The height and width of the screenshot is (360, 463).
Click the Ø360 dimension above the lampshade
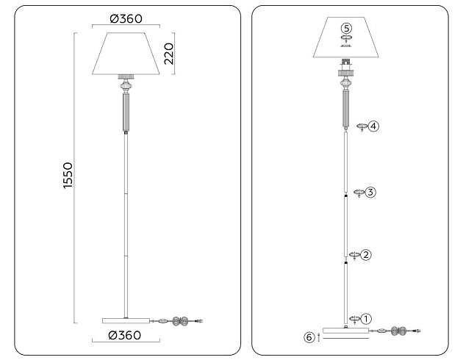(x=125, y=18)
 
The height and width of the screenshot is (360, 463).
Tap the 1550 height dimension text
(x=68, y=176)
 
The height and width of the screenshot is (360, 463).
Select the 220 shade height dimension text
(x=168, y=53)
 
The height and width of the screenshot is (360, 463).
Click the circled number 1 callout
(x=367, y=319)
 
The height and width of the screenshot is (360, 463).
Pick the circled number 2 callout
(x=367, y=255)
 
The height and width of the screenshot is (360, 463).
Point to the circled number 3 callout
(x=370, y=192)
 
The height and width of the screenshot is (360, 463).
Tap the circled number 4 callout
(x=374, y=126)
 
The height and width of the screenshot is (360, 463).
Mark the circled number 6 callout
(x=309, y=337)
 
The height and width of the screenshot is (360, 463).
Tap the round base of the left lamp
(x=126, y=320)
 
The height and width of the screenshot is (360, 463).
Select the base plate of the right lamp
(x=346, y=333)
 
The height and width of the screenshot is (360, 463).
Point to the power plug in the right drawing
(x=417, y=332)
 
